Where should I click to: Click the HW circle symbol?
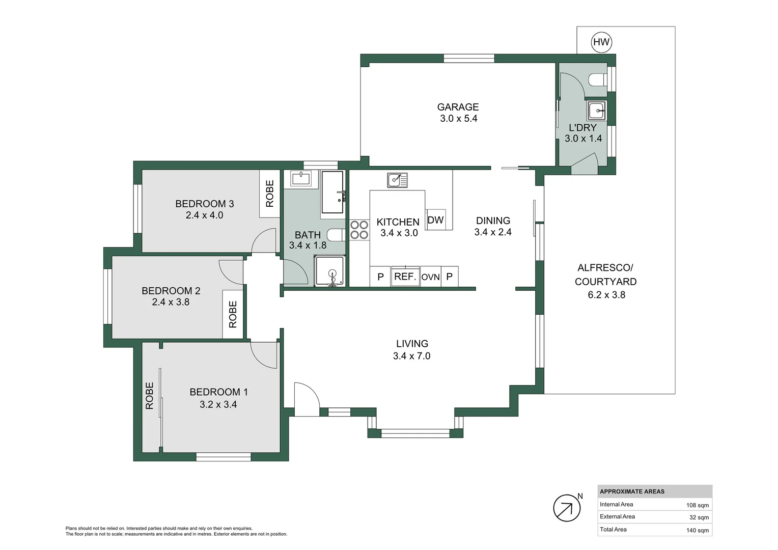point(601,42)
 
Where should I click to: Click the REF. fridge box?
point(405,277)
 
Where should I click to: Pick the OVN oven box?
point(431,277)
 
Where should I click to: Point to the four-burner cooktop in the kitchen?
point(359,230)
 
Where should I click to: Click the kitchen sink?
point(397,180)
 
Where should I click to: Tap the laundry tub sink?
point(597,111)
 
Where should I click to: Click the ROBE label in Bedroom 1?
point(149,396)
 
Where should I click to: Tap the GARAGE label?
point(458,107)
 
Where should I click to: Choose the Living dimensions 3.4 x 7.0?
point(412,356)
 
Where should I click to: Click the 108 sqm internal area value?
point(698,505)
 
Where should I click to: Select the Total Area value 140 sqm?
point(698,530)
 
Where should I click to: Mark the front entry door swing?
point(307,399)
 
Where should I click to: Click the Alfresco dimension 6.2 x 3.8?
point(606,295)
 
